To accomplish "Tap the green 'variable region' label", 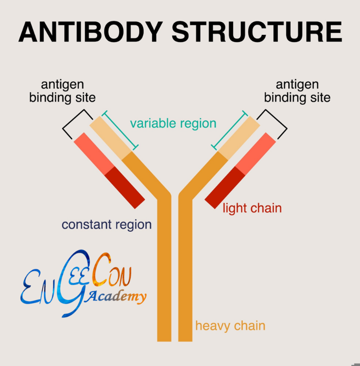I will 173,123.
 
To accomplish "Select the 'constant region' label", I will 107,224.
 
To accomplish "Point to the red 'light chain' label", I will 252,208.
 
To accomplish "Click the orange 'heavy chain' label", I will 230,326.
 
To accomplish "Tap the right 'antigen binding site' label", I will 297,91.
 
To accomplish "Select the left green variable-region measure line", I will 120,129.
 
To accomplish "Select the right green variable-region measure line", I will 229,129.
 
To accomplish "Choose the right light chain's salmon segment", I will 256,154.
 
